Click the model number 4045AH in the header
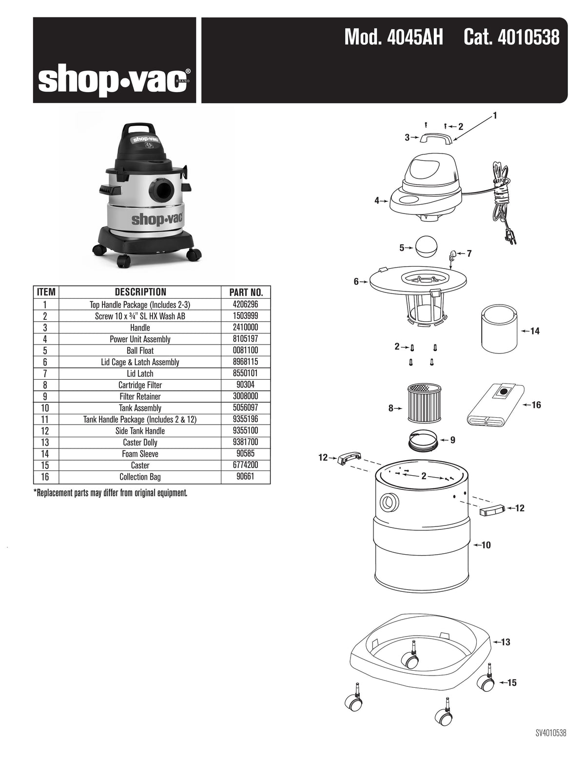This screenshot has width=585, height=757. tap(393, 38)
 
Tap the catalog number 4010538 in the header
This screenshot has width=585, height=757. tap(511, 38)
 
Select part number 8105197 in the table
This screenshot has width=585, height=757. tap(246, 339)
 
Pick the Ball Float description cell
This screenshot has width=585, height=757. tap(140, 350)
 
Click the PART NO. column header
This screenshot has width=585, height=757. tap(246, 292)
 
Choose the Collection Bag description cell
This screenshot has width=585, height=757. tap(140, 477)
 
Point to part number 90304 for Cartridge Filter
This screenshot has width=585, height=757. tap(246, 385)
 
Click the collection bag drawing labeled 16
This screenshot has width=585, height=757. tap(496, 405)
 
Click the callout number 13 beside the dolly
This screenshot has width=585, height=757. tap(506, 642)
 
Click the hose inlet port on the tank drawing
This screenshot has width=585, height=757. tap(389, 502)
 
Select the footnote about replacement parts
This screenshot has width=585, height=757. tap(110, 493)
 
